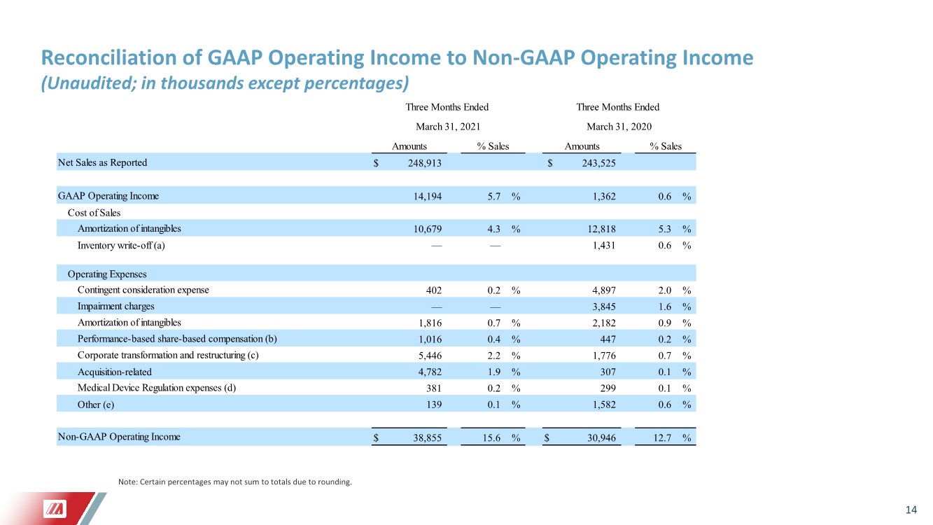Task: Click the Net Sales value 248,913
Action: (x=424, y=163)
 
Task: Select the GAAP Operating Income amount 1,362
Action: (x=604, y=196)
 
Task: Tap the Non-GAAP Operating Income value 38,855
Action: (x=428, y=437)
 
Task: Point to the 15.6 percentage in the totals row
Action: (x=491, y=437)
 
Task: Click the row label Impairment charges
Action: (x=115, y=307)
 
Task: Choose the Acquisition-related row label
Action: (x=115, y=372)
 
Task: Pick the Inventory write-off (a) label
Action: (x=121, y=246)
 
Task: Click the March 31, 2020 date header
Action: (x=619, y=127)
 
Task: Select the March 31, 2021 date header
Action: (x=448, y=127)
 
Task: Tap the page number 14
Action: (x=911, y=510)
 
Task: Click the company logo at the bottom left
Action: (x=55, y=509)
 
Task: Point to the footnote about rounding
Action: (x=235, y=482)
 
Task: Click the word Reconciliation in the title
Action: (x=108, y=57)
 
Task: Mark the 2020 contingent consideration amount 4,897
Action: (x=604, y=290)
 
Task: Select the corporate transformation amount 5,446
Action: (x=430, y=356)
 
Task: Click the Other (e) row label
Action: (x=96, y=405)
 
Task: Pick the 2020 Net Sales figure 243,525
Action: (x=598, y=163)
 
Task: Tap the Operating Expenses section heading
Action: (x=107, y=274)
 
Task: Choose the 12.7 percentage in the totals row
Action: (x=662, y=437)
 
